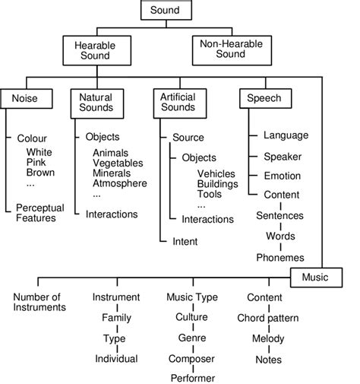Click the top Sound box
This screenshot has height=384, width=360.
point(165,11)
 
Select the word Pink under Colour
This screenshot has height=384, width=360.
point(40,161)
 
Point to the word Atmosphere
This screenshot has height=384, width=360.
point(119,183)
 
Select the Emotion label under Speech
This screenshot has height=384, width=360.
point(283,175)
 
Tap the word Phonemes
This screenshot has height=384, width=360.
point(279,257)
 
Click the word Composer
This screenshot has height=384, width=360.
point(191,357)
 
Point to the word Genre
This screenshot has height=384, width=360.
point(191,337)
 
